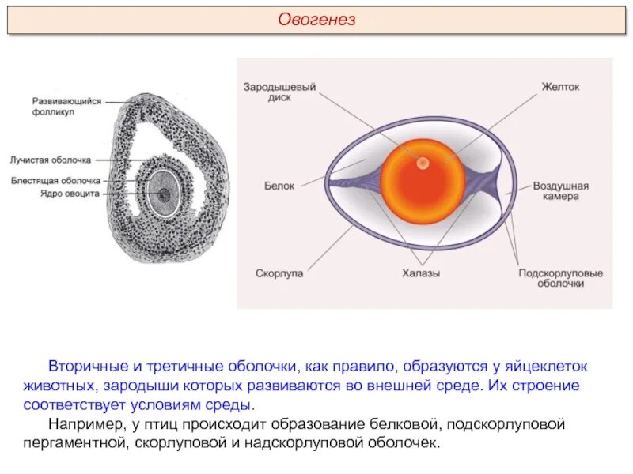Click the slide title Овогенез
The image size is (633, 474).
point(316,21)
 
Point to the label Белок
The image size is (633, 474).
point(279,186)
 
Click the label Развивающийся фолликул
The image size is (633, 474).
point(67,107)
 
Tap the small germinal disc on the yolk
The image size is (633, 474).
point(423,163)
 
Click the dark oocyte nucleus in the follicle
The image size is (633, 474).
point(165,194)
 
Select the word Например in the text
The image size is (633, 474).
point(85,424)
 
